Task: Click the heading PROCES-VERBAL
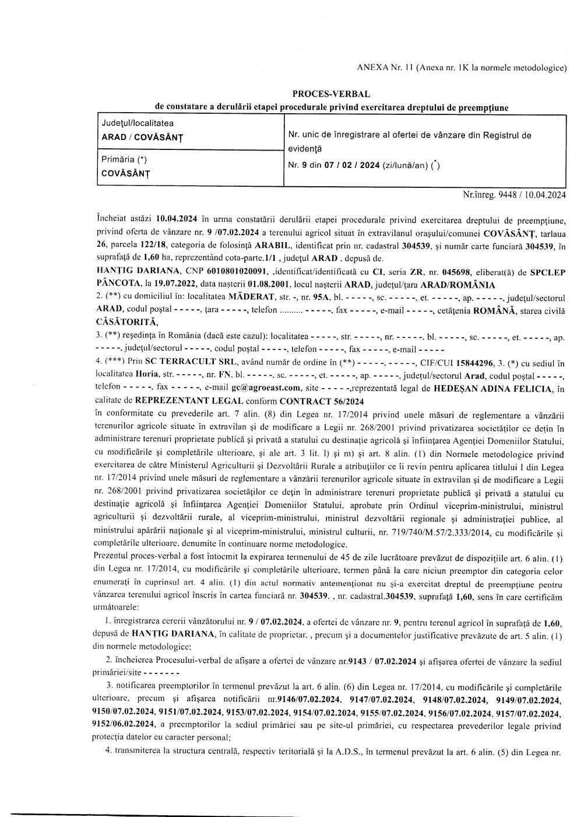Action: tap(330, 93)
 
